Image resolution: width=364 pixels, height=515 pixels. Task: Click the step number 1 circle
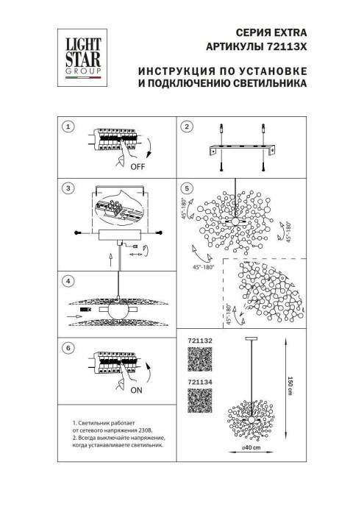68,127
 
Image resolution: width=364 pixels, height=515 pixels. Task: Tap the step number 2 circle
187,127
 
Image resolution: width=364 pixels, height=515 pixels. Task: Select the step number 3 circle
68,189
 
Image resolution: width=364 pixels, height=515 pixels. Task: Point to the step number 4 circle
68,281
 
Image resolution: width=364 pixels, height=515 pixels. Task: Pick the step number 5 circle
187,189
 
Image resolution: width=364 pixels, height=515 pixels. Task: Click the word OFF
138,167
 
